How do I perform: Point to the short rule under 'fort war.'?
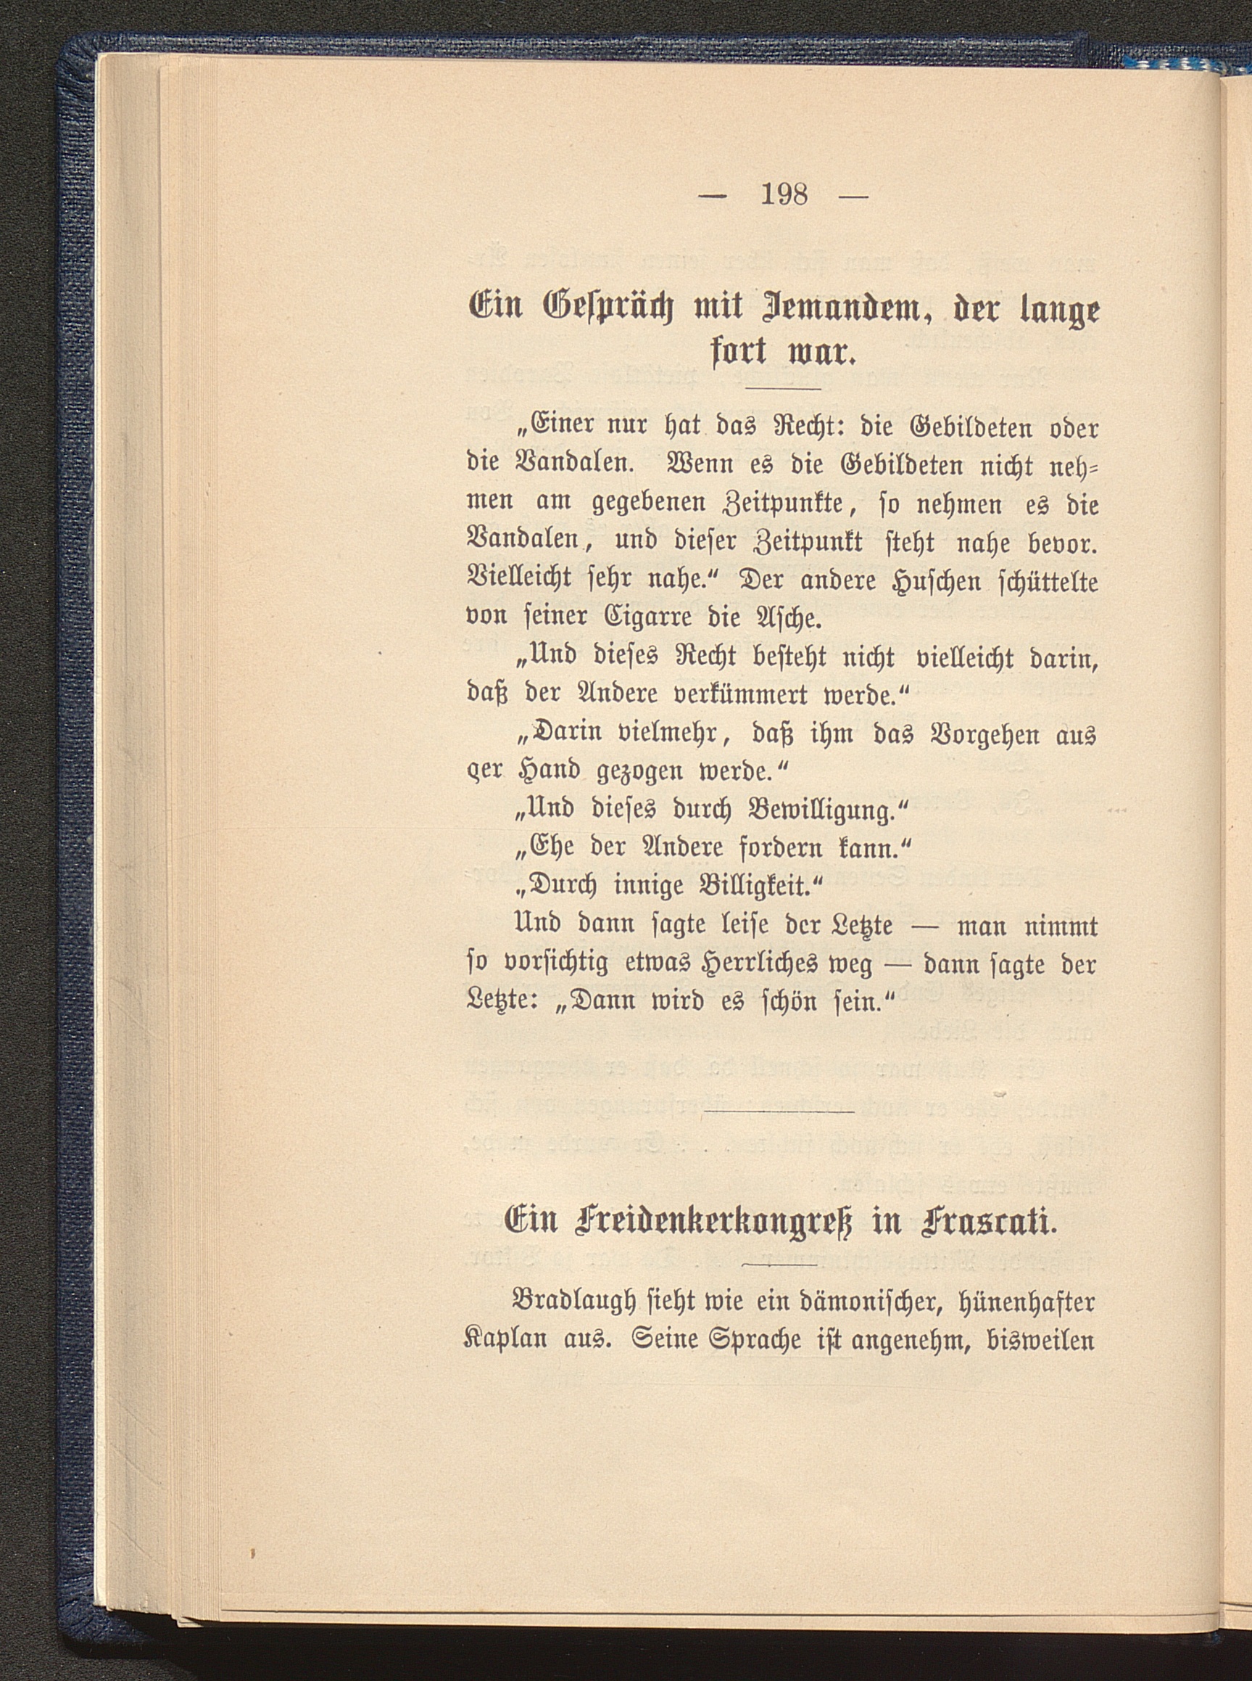coord(784,389)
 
